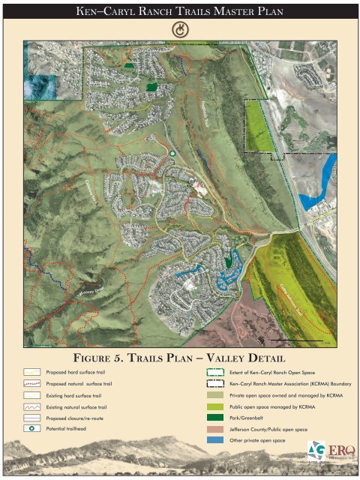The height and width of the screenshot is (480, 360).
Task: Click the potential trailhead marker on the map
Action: pyautogui.click(x=172, y=153)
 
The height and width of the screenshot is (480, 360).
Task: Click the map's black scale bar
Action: pyautogui.click(x=301, y=340)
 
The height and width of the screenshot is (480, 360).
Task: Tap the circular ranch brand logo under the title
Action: pyautogui.click(x=179, y=28)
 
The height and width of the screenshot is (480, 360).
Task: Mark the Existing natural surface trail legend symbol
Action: pyautogui.click(x=31, y=406)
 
